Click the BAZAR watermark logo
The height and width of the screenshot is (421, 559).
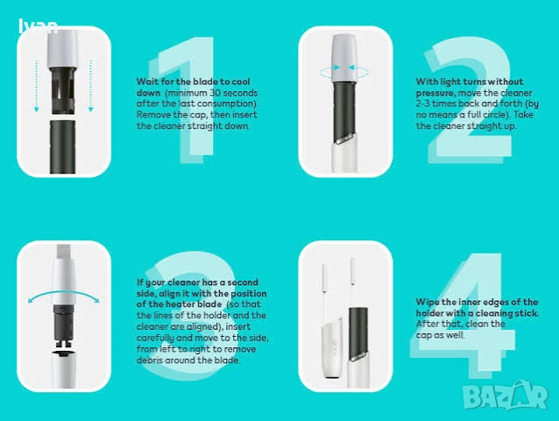[x=506, y=396]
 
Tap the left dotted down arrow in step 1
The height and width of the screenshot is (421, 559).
[x=37, y=86]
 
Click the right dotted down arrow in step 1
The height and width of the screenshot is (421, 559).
[x=90, y=86]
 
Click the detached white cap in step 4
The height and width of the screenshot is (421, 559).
[x=332, y=348]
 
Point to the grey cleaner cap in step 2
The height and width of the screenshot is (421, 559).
[x=344, y=58]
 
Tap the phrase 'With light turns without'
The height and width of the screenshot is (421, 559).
[x=470, y=82]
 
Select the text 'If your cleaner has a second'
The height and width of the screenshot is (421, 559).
[x=197, y=282]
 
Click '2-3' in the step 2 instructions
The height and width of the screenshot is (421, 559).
[x=423, y=103]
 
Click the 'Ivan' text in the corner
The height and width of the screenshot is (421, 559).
[x=39, y=25]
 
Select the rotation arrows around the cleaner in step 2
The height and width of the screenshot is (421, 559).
[x=344, y=71]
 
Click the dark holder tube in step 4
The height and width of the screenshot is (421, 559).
[x=358, y=333]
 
